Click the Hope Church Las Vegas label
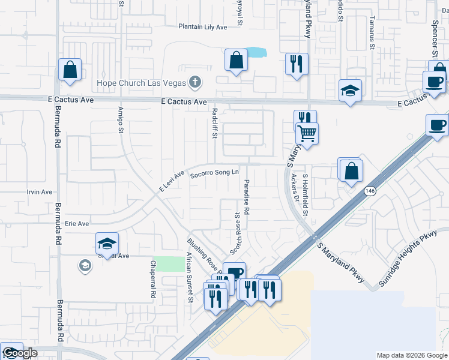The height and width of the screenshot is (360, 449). coord(142,82)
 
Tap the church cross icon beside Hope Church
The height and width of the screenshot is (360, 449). coord(194,82)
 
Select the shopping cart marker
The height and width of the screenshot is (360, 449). coord(307,133)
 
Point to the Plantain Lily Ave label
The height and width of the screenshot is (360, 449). coord(203,27)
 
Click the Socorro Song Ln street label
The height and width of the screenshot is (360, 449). coord(214,174)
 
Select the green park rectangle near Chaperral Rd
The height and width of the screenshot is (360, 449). coord(169,264)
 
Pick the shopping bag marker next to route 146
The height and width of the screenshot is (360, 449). coord(351,170)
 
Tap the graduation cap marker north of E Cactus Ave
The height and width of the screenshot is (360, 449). coord(350,91)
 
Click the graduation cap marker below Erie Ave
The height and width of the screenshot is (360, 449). coord(107,243)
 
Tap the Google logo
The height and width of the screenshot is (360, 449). coord(20,353)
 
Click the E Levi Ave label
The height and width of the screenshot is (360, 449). coord(171,182)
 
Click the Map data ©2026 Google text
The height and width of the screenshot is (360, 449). coord(411,355)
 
